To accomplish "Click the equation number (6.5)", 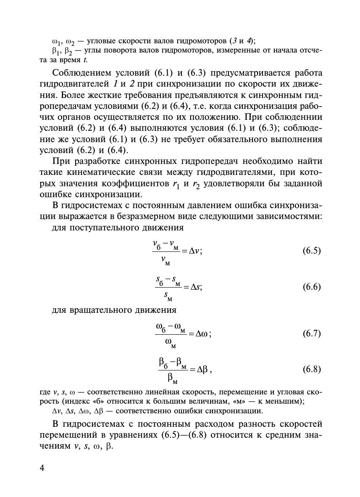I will [311, 251].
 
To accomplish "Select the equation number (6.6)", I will [311, 287].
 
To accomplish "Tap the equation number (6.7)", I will [311, 334].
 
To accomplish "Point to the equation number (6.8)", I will [311, 370].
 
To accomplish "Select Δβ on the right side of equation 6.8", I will [201, 370].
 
